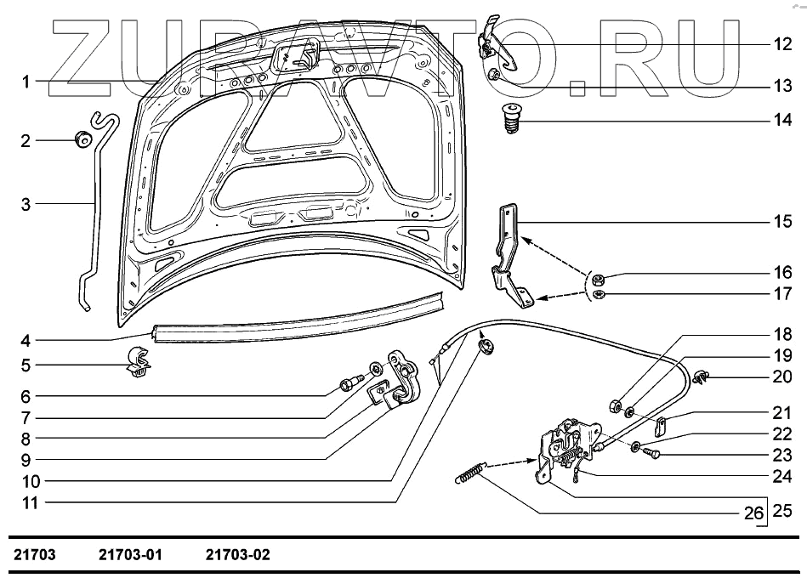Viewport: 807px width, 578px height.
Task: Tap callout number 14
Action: pos(782,121)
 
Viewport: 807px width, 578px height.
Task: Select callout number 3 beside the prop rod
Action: pos(26,204)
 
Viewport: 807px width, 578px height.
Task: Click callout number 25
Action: pos(781,513)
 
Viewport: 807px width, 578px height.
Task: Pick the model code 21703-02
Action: pos(237,555)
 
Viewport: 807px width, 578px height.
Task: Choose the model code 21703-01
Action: pos(130,555)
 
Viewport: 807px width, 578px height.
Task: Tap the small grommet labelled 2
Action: pos(82,139)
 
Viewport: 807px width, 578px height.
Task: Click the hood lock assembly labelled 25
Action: pos(563,446)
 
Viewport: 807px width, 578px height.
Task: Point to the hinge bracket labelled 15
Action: pos(510,255)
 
